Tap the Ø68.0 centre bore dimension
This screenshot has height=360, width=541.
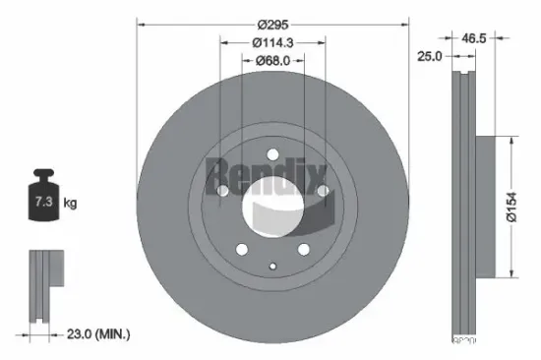(x=271, y=61)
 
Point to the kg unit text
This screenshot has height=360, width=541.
(x=70, y=204)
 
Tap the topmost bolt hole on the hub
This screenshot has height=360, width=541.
(x=271, y=153)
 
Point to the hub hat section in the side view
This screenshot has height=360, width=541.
(x=484, y=207)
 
